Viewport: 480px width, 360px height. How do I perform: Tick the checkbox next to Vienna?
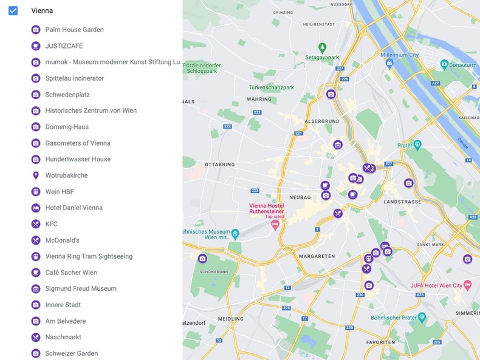pos(13,10)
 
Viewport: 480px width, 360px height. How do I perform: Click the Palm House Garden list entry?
pos(74,30)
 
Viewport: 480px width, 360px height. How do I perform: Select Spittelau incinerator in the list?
pos(74,78)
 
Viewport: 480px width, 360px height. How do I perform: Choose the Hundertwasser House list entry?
pos(78,159)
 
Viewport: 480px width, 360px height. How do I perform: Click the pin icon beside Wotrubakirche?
pos(36,175)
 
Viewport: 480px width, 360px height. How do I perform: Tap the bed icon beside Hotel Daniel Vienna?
pos(36,208)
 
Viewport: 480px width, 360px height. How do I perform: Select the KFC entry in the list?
pos(51,224)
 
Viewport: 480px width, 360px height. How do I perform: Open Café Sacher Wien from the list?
pos(70,273)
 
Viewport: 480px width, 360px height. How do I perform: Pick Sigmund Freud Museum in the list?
pos(81,288)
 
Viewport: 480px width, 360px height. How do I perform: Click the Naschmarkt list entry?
pos(63,337)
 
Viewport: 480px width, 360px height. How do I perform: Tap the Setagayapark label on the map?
pos(322,57)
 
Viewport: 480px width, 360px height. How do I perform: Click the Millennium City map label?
pos(399,55)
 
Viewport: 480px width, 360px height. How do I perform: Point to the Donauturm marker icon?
pos(444,64)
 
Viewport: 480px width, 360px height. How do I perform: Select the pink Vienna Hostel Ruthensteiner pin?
pos(275,225)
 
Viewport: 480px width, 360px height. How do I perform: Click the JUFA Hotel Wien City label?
pos(436,285)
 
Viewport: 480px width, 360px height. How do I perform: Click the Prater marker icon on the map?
pos(417,145)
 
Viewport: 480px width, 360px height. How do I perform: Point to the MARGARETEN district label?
pos(317,256)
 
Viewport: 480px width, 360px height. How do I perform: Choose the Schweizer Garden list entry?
pos(71,353)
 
